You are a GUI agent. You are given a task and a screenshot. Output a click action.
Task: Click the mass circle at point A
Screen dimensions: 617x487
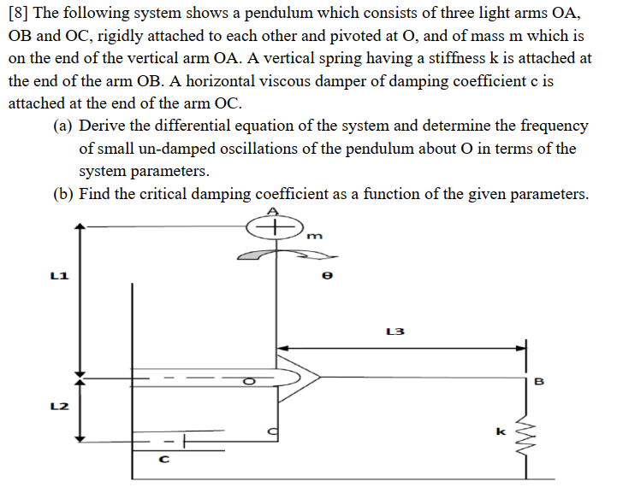click(274, 227)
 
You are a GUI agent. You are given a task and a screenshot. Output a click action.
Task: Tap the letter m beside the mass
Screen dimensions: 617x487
click(312, 237)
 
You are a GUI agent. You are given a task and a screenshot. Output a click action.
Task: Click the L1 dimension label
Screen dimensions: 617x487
click(59, 276)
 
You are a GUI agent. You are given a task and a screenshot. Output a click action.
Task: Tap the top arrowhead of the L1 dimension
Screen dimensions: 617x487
click(80, 229)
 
